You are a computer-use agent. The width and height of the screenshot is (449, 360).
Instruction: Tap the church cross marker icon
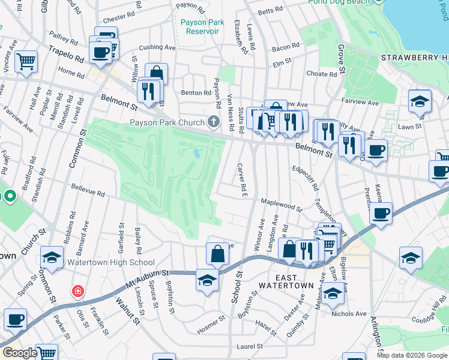pyautogui.click(x=213, y=123)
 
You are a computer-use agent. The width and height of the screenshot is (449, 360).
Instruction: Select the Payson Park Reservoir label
pyautogui.click(x=202, y=27)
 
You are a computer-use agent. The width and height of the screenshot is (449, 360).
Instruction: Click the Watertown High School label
pyautogui.click(x=111, y=262)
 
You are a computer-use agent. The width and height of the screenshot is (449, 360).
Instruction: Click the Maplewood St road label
pyautogui.click(x=282, y=205)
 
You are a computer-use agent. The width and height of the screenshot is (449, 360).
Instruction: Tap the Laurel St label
pyautogui.click(x=250, y=346)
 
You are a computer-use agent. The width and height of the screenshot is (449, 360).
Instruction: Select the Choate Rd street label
pyautogui.click(x=322, y=74)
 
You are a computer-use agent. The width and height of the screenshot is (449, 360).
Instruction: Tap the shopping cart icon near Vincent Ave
pyautogui.click(x=26, y=60)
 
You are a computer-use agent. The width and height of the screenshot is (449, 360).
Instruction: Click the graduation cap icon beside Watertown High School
pyautogui.click(x=52, y=258)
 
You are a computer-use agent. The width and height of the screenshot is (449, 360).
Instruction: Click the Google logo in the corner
pyautogui.click(x=20, y=353)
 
